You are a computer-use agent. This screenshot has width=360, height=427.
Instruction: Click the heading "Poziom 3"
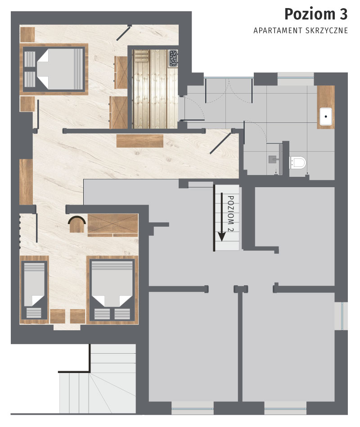[x=316, y=14]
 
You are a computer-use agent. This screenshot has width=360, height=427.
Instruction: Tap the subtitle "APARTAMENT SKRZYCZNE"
[x=301, y=31]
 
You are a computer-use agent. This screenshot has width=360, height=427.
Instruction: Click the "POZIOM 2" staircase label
[x=230, y=213]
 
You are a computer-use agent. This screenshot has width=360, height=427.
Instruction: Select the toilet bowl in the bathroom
[x=297, y=162]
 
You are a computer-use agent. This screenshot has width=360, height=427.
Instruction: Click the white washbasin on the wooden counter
[x=326, y=117]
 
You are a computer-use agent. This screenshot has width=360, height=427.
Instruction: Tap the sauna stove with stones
[x=173, y=58]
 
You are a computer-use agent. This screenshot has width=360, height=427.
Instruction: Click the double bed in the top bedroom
[x=54, y=69]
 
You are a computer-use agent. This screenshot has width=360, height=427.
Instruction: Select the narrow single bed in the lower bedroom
[x=34, y=290]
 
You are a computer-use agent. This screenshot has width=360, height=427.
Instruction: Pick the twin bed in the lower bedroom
[x=112, y=290]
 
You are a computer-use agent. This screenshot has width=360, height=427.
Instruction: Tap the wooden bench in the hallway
[x=139, y=141]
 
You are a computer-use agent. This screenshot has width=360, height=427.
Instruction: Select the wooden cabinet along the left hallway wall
[x=26, y=182]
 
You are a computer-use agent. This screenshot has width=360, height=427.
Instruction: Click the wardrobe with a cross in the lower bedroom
[x=113, y=225]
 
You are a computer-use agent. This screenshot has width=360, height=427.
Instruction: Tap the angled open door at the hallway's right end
[x=221, y=143]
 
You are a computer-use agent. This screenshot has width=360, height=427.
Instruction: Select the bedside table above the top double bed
[x=27, y=35]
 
